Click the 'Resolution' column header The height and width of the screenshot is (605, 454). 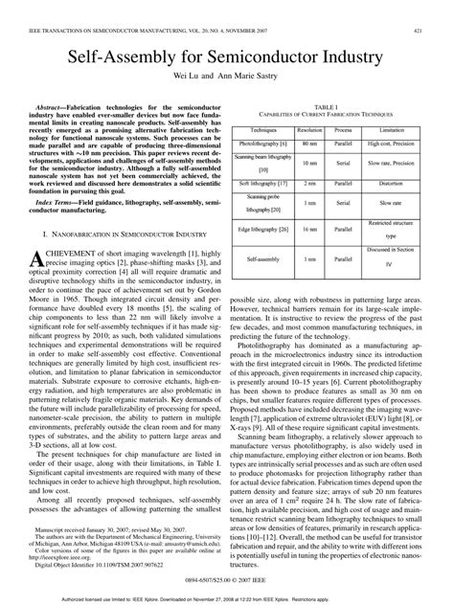[309, 127]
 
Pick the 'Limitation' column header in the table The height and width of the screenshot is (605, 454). [391, 127]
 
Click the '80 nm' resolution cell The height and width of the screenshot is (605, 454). [309, 142]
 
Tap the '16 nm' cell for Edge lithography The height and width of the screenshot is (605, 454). [309, 229]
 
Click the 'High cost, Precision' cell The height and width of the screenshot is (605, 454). [391, 142]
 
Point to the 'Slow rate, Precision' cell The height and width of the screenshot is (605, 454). [391, 162]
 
